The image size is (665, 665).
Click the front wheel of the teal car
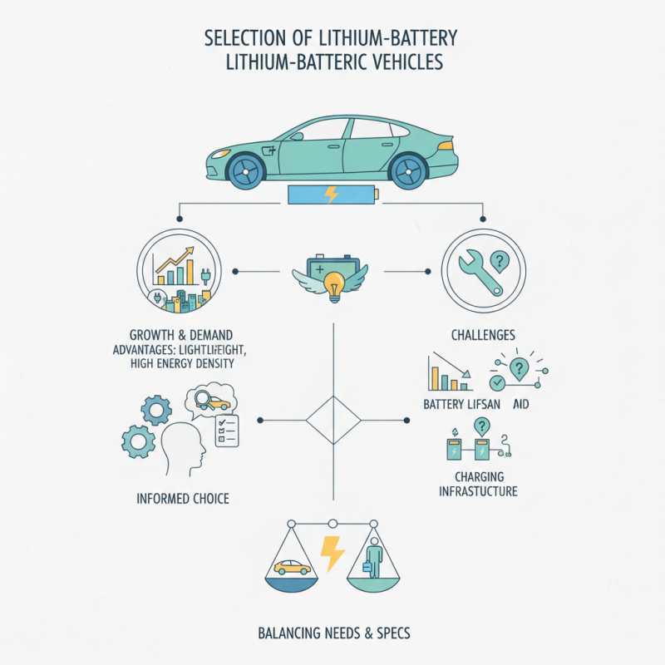pyautogui.click(x=410, y=170)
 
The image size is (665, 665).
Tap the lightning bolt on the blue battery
pyautogui.click(x=331, y=196)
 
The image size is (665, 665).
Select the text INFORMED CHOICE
pyautogui.click(x=183, y=499)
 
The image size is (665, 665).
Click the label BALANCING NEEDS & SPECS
pyautogui.click(x=332, y=633)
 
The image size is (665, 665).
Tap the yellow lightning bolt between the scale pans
pyautogui.click(x=332, y=553)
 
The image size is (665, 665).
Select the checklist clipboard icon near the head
pyautogui.click(x=226, y=430)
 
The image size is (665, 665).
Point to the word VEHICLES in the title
pyautogui.click(x=407, y=62)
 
